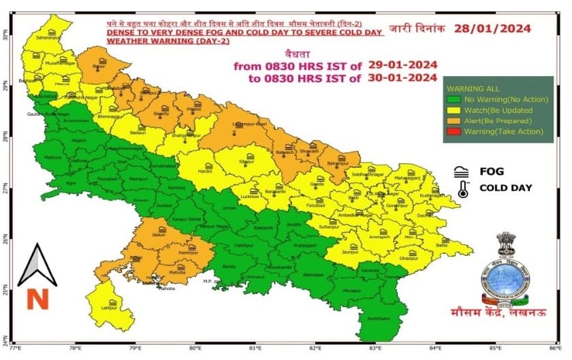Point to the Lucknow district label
click(x=251, y=197)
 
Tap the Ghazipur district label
click(x=409, y=259)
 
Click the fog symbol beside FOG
click(x=462, y=171)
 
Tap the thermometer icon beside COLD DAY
click(x=463, y=189)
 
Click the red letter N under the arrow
click(x=35, y=298)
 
